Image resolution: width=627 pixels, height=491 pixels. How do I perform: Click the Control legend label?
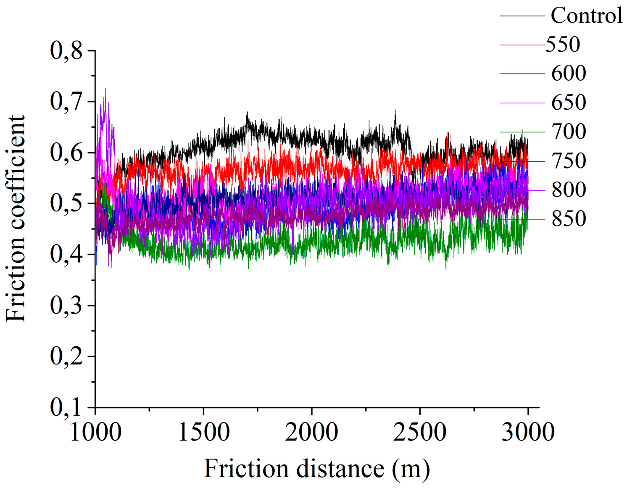pyautogui.click(x=586, y=16)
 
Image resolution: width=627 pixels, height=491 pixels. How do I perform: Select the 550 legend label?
pyautogui.click(x=563, y=44)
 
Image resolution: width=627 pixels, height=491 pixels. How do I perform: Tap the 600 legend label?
pyautogui.click(x=569, y=73)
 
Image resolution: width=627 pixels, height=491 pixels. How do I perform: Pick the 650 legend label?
pyautogui.click(x=569, y=102)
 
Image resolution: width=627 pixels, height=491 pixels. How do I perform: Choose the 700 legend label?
pyautogui.click(x=569, y=132)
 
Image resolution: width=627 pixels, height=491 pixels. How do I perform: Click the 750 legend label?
pyautogui.click(x=569, y=161)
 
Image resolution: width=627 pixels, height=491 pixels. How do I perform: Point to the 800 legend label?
pyautogui.click(x=569, y=190)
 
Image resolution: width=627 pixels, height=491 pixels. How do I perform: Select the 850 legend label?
pyautogui.click(x=569, y=219)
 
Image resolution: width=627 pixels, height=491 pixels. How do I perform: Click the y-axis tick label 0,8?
pyautogui.click(x=66, y=50)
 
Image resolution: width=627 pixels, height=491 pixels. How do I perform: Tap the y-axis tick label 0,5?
pyautogui.click(x=66, y=203)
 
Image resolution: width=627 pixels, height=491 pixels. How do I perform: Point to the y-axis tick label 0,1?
pyautogui.click(x=66, y=407)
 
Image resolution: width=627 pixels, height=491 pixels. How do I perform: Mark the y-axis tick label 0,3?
pyautogui.click(x=66, y=306)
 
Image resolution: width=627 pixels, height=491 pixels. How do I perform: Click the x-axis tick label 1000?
pyautogui.click(x=95, y=432)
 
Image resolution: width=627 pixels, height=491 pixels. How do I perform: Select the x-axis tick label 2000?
pyautogui.click(x=311, y=432)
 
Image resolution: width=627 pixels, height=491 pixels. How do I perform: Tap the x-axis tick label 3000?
pyautogui.click(x=528, y=432)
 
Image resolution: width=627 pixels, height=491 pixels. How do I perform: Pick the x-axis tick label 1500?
pyautogui.click(x=204, y=432)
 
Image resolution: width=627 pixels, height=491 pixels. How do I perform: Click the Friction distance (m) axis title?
pyautogui.click(x=317, y=469)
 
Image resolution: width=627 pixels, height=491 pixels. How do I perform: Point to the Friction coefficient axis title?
pyautogui.click(x=16, y=219)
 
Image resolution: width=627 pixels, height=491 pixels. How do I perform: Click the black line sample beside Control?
pyautogui.click(x=522, y=16)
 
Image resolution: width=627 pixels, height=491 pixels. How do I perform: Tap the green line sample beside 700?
pyautogui.click(x=522, y=132)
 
